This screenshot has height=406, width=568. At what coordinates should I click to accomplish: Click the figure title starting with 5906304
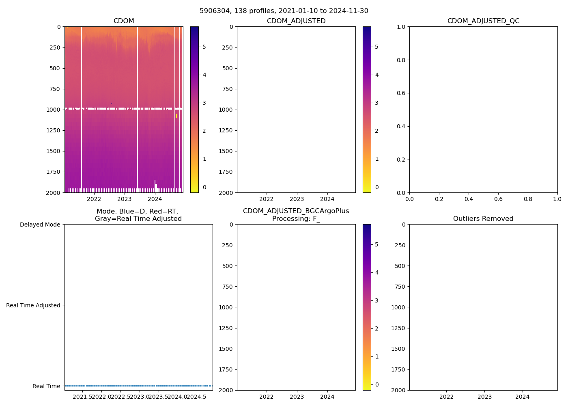tap(284, 11)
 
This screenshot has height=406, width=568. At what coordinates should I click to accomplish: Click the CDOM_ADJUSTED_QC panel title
tap(483, 21)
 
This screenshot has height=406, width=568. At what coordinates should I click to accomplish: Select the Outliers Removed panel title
tap(483, 219)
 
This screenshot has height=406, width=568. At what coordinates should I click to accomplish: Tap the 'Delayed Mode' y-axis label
tap(40, 225)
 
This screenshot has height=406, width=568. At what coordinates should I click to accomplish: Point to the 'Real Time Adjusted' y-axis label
tap(33, 305)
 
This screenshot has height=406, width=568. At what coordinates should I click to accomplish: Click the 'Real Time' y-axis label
tap(46, 386)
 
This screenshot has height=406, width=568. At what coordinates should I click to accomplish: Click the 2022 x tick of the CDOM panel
tap(94, 199)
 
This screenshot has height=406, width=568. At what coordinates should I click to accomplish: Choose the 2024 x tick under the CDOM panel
tap(155, 199)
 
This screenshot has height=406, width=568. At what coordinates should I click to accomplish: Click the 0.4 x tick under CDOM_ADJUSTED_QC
tap(469, 199)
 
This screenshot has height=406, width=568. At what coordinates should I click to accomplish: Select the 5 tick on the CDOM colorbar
tap(204, 47)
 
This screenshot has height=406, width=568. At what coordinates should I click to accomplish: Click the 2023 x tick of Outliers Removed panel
tap(484, 397)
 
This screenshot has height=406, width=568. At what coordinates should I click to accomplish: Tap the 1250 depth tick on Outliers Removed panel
tap(398, 328)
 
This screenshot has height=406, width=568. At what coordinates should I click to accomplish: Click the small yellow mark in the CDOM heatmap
tap(176, 116)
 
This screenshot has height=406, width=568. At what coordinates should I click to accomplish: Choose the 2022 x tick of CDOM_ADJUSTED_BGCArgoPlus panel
tap(267, 397)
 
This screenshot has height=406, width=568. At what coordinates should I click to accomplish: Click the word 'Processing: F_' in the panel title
tap(296, 219)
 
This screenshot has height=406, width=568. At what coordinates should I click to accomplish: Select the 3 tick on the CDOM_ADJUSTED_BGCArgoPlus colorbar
tap(377, 300)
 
